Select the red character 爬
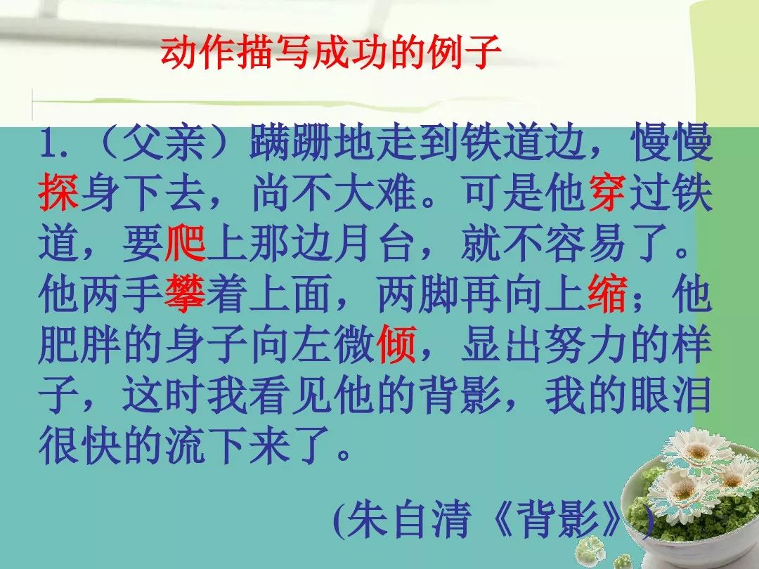[185, 243]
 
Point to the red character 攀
[185, 294]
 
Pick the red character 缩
[607, 294]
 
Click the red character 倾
[396, 344]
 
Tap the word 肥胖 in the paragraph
[80, 344]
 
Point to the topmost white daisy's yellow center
[698, 452]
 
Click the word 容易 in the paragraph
[585, 243]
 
